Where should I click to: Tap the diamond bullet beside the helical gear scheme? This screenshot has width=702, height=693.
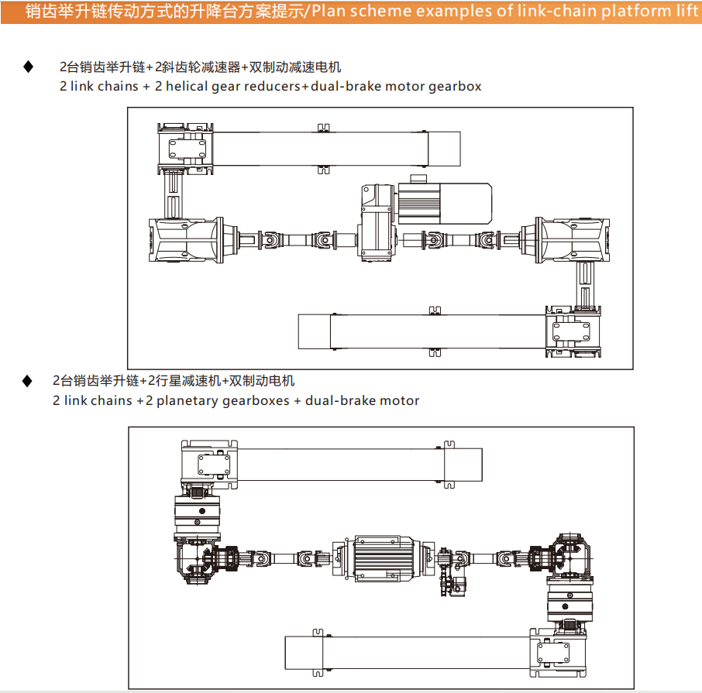click(x=29, y=67)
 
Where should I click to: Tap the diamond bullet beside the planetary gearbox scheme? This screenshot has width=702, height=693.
click(x=28, y=381)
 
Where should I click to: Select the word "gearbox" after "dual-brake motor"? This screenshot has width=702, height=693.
click(x=453, y=86)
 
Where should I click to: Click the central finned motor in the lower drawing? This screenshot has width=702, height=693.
click(x=384, y=557)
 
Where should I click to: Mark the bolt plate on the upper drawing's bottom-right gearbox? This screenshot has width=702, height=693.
click(x=574, y=334)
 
